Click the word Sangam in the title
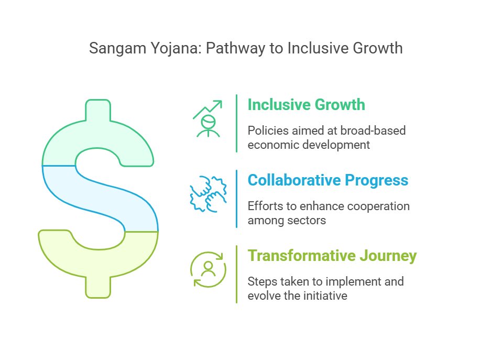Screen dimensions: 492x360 coord(118,49)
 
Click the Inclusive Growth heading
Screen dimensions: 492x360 coord(306,104)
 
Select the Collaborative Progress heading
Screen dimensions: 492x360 coord(328,180)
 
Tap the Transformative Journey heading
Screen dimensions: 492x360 coord(332,256)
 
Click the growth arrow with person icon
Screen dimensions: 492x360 coord(207,118)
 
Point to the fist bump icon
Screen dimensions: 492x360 coord(208,194)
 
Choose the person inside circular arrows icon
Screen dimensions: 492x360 coord(208,270)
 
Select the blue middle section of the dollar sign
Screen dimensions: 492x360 coord(101,198)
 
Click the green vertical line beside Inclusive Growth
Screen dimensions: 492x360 coord(237,123)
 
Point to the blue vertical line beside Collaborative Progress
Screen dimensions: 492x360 coord(237,199)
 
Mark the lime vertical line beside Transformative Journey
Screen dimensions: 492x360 coord(237,274)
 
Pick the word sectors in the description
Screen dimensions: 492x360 coord(307,220)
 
